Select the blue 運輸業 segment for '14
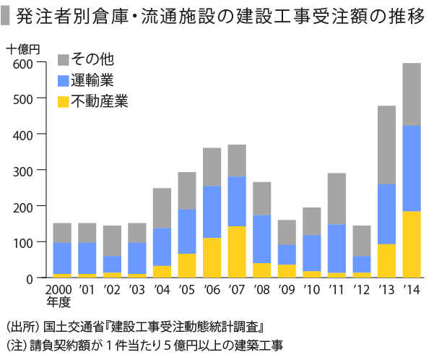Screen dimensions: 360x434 (412, 168)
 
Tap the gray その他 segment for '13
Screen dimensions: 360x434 (386, 145)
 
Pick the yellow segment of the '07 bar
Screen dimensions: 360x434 (237, 252)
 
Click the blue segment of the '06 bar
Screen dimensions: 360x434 (212, 212)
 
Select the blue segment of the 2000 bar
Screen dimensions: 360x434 (62, 258)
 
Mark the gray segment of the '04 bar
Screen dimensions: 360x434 (162, 208)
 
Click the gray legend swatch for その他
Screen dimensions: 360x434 (63, 59)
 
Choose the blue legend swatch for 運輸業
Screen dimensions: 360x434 (63, 80)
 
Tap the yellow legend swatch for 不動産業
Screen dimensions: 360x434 (63, 102)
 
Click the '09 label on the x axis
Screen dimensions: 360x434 (287, 291)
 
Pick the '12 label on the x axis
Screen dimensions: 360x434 (361, 291)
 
